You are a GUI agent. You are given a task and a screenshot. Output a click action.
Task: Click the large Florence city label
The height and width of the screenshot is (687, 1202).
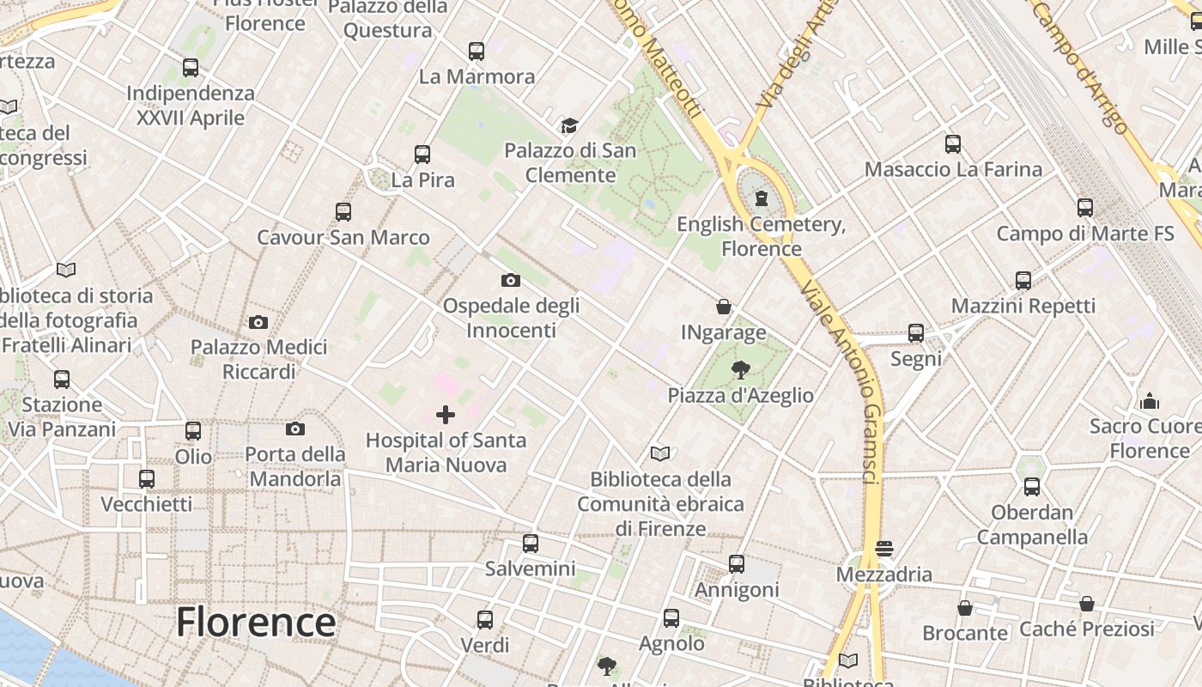[255, 622]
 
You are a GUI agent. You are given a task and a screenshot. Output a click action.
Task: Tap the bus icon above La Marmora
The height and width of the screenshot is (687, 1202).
[477, 52]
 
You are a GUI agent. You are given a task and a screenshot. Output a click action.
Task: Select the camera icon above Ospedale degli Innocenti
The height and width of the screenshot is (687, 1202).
[510, 280]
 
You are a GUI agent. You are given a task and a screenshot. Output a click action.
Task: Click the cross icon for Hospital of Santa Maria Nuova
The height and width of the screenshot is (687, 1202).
[446, 416]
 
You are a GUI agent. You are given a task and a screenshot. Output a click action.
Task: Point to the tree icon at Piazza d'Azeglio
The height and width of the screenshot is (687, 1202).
[740, 370]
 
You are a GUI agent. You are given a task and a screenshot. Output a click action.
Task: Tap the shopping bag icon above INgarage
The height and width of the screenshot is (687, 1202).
[724, 307]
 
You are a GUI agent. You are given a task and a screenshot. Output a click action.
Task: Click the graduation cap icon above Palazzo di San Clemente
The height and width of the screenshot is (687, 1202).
[569, 126]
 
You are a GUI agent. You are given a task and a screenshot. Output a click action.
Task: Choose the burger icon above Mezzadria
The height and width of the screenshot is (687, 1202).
[884, 548]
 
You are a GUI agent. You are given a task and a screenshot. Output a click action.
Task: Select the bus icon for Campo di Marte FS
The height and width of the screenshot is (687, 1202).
[1085, 208]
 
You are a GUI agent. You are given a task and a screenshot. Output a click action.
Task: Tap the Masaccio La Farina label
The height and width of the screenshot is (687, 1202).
[953, 169]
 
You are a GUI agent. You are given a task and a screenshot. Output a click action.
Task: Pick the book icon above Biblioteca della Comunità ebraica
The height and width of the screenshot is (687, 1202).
[660, 453]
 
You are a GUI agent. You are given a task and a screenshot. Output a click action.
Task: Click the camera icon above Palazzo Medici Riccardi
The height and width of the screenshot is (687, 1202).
[258, 323]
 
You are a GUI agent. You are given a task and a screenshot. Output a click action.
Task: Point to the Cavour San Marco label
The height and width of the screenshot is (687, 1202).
[343, 237]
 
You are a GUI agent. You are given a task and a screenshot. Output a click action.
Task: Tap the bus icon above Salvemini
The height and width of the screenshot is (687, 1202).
[531, 544]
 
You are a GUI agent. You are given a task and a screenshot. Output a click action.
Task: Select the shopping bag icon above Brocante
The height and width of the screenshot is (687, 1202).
[965, 608]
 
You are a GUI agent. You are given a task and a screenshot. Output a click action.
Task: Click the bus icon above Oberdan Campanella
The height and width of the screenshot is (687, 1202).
[1032, 487]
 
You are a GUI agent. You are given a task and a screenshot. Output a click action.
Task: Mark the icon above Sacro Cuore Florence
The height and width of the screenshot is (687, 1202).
[1149, 401]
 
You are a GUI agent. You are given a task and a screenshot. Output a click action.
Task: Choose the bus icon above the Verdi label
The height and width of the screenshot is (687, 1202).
[485, 620]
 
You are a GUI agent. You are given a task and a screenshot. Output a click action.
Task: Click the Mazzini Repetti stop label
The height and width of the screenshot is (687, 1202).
[1023, 306]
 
